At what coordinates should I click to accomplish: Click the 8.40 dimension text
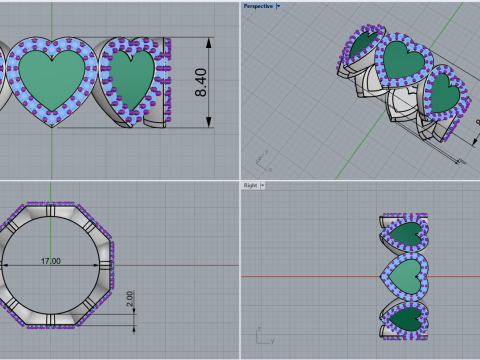tap(201, 83)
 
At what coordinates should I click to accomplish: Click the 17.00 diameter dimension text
tap(50, 261)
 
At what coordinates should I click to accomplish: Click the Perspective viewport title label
tap(258, 5)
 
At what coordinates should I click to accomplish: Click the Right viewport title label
tap(251, 185)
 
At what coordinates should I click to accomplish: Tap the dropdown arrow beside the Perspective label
tap(278, 5)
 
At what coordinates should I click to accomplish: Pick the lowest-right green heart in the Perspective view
tap(443, 94)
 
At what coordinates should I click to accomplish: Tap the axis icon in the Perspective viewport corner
tap(263, 158)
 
